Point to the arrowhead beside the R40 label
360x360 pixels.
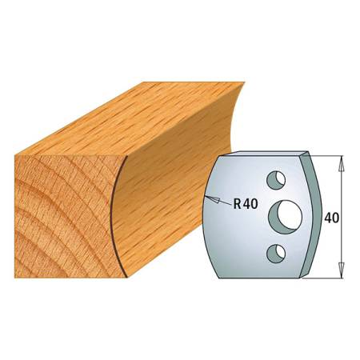[x=210, y=197]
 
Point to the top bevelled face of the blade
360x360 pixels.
[x=264, y=154]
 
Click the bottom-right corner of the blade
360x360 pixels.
[x=302, y=278]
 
